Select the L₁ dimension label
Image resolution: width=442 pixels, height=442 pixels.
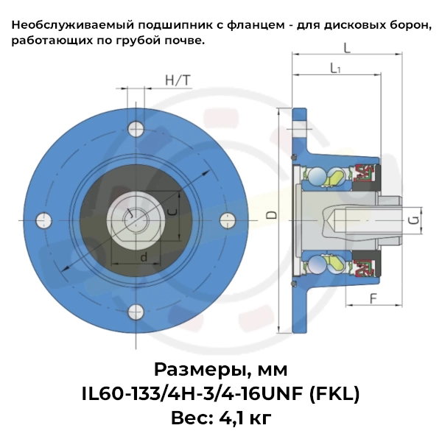[x=335, y=69]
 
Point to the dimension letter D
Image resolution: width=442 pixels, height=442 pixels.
[x=272, y=215]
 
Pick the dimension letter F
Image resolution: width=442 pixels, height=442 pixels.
[x=373, y=299]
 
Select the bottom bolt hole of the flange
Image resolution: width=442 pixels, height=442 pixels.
[x=135, y=311]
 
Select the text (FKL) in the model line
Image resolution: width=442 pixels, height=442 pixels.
[x=331, y=393]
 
